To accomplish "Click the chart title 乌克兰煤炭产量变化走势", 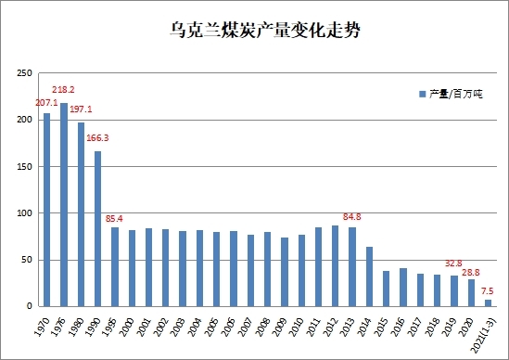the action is point(265,31).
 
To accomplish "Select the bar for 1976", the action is point(64,205).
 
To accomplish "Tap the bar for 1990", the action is point(97,229).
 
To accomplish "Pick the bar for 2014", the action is point(369,276).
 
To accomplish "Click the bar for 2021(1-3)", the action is point(488,302).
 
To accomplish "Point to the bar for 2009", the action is point(285,272).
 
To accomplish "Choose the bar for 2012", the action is point(335,265).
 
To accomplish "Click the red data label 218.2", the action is point(63,89).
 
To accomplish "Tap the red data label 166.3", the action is point(97,137).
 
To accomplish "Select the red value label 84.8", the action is point(352,216).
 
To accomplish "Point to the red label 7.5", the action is point(488,290).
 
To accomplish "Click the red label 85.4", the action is point(114,219).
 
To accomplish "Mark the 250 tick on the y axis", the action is point(25,73).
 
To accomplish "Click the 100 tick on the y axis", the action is point(25,213).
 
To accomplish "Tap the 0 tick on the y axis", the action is point(30,306).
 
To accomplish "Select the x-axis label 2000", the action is point(127,327).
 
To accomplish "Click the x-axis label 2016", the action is point(398,327).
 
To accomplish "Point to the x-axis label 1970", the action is point(42,327).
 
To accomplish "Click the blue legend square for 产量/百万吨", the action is point(423,95).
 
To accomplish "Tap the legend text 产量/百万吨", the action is point(456,95).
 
